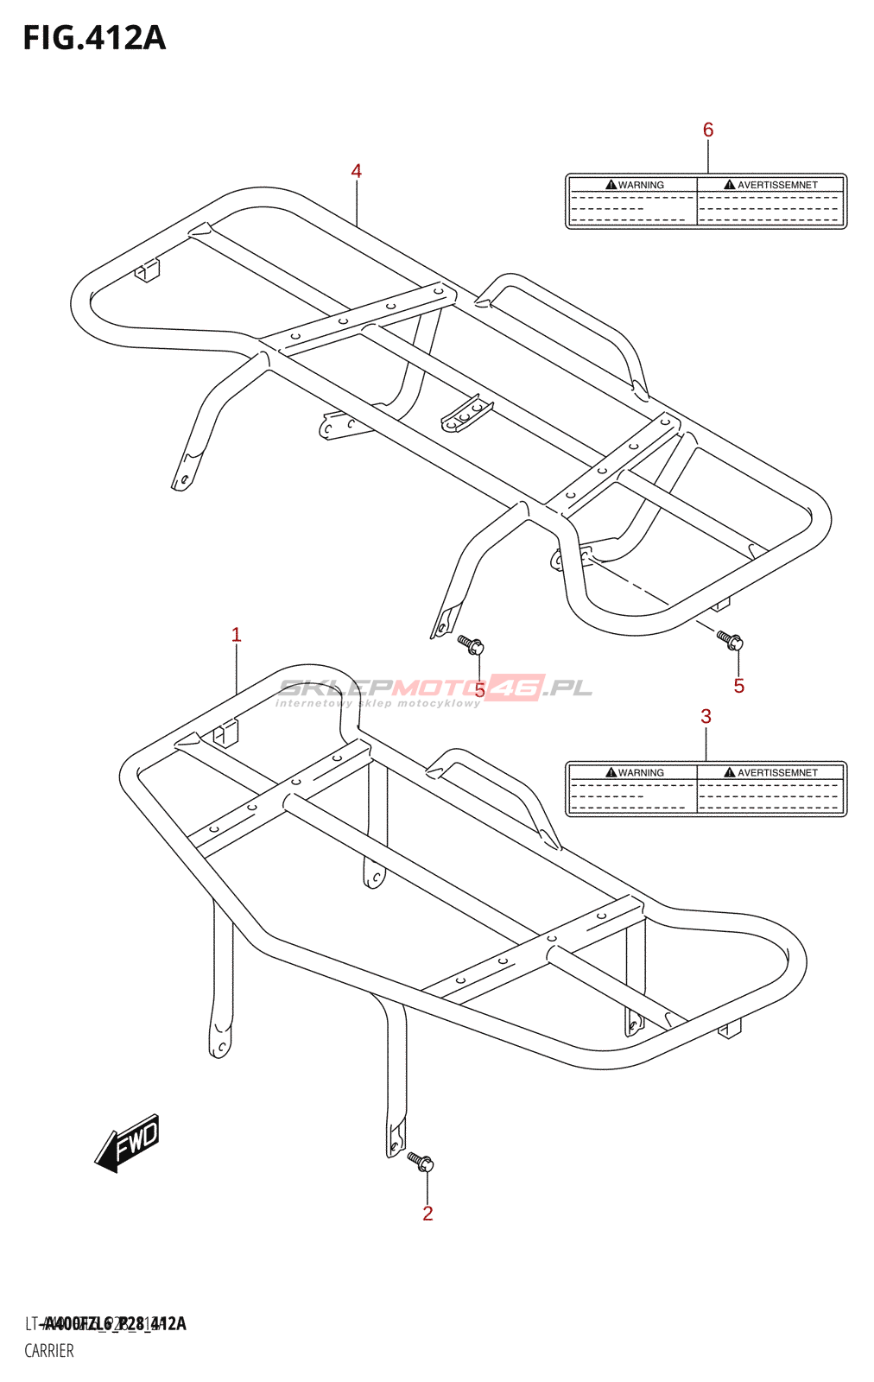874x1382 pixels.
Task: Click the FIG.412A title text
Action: [x=94, y=39]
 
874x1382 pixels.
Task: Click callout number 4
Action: [x=356, y=171]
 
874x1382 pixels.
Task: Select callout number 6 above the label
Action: [x=708, y=130]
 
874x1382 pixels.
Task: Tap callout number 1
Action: [x=236, y=635]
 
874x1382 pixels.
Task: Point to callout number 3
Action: [x=706, y=716]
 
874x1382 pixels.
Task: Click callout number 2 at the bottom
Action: [x=427, y=1214]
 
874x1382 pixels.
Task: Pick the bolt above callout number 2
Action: [x=421, y=1162]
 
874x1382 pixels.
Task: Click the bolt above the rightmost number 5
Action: [x=731, y=641]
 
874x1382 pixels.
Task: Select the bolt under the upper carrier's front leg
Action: [x=471, y=644]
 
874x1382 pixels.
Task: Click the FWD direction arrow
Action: [x=128, y=1142]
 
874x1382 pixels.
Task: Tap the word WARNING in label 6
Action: [x=641, y=185]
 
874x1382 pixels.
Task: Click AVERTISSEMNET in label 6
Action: [x=777, y=185]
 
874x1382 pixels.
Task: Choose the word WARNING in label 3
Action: [x=641, y=773]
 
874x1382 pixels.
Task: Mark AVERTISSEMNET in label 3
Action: [x=777, y=773]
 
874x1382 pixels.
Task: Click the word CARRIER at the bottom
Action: [x=49, y=1351]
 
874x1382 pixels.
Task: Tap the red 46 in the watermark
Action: [x=516, y=688]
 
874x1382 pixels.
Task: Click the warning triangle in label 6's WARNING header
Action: [x=611, y=185]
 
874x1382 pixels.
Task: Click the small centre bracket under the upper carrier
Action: [x=467, y=414]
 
